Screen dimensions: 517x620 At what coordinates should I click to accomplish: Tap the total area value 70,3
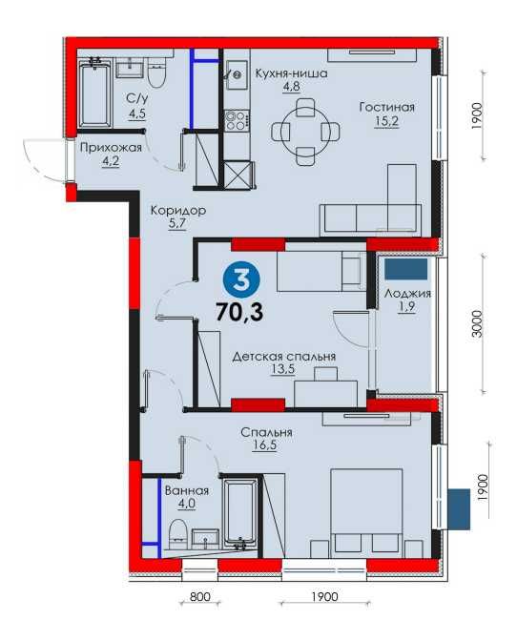click(239, 312)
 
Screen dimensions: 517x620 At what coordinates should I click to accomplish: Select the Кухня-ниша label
click(291, 73)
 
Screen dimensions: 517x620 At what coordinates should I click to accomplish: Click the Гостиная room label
click(387, 107)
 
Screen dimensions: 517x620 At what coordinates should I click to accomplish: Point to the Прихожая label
click(111, 148)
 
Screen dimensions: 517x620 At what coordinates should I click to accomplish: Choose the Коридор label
click(178, 211)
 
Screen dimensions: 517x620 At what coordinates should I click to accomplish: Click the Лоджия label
click(407, 294)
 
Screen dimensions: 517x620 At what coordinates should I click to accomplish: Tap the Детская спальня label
click(283, 357)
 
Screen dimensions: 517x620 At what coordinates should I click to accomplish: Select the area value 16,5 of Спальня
click(264, 445)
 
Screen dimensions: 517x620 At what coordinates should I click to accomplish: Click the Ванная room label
click(187, 491)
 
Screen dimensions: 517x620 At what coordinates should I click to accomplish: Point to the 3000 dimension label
click(478, 324)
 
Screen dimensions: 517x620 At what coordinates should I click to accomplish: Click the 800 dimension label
click(200, 597)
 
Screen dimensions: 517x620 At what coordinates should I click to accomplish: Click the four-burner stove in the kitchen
click(238, 120)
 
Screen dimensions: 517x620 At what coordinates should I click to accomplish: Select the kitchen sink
click(238, 75)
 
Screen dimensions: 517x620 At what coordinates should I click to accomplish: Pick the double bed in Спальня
click(366, 513)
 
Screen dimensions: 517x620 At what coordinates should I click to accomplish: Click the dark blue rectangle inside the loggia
click(406, 270)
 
